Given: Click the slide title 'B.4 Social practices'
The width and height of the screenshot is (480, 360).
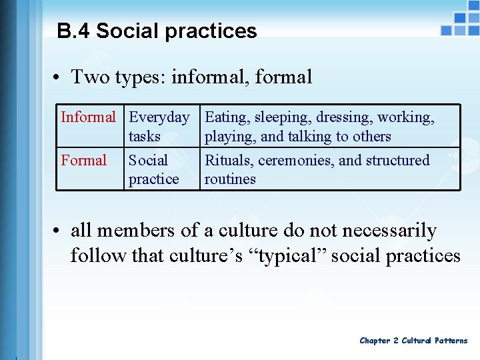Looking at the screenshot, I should [x=157, y=31].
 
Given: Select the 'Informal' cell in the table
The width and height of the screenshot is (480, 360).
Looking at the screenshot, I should [x=88, y=117].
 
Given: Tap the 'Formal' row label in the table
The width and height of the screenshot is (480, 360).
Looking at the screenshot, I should [x=84, y=160].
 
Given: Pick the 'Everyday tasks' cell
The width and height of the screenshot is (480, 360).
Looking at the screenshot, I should [x=159, y=127].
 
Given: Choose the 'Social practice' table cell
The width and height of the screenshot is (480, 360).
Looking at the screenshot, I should [x=153, y=169].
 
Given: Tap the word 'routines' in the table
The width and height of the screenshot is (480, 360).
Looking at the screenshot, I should [x=230, y=179].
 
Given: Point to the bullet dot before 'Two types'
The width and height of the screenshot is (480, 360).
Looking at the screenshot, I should [x=59, y=78].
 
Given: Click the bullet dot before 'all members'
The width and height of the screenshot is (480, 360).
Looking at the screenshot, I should [x=59, y=231].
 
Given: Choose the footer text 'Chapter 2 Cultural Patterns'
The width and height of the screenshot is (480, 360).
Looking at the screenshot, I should [x=413, y=341].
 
